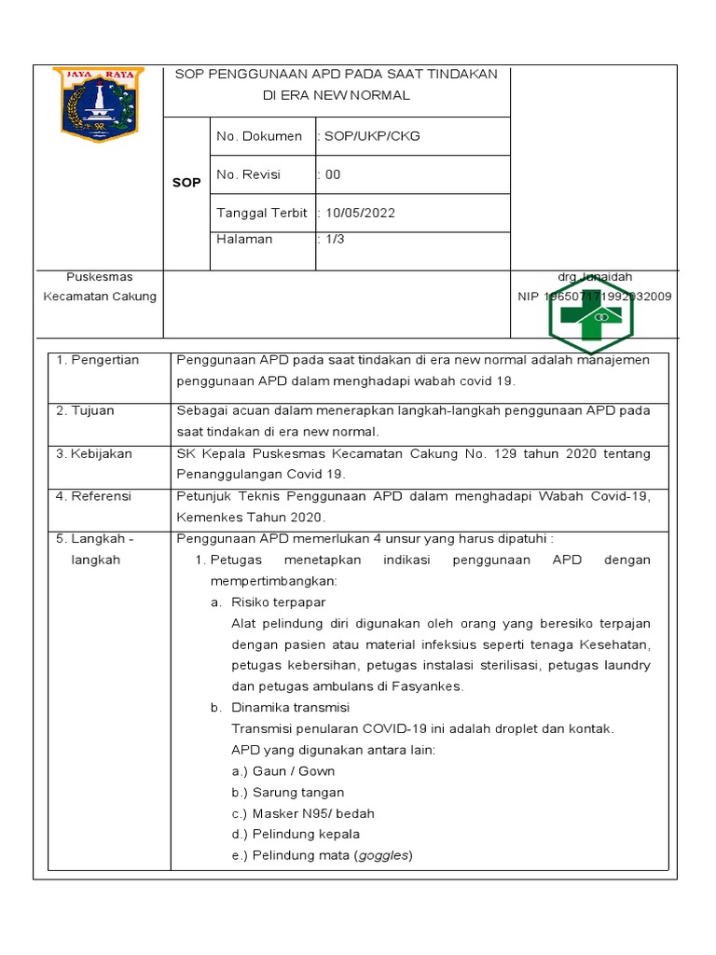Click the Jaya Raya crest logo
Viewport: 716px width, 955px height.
[x=98, y=104]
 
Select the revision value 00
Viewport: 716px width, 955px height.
[x=333, y=174]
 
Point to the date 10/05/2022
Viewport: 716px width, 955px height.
[x=360, y=213]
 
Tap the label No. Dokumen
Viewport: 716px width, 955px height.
[x=259, y=136]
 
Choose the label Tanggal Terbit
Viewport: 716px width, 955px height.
[x=262, y=213]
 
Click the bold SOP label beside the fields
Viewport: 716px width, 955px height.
[x=186, y=183]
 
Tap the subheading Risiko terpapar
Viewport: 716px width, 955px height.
[x=278, y=602]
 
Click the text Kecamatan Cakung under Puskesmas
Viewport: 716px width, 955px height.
[x=100, y=297]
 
